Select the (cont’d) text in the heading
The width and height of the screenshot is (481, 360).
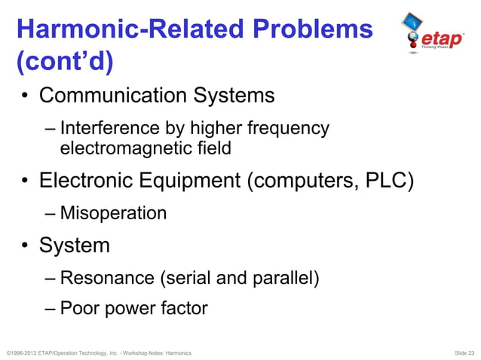coord(65,63)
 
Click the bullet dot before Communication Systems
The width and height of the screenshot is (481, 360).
coord(25,96)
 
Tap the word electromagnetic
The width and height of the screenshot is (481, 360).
coord(121,148)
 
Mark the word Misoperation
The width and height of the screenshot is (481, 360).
coord(113,213)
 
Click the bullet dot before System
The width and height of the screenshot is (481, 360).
coord(25,246)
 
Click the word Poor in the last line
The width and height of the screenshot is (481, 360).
coord(78,308)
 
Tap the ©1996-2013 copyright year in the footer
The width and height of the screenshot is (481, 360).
coord(23,352)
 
